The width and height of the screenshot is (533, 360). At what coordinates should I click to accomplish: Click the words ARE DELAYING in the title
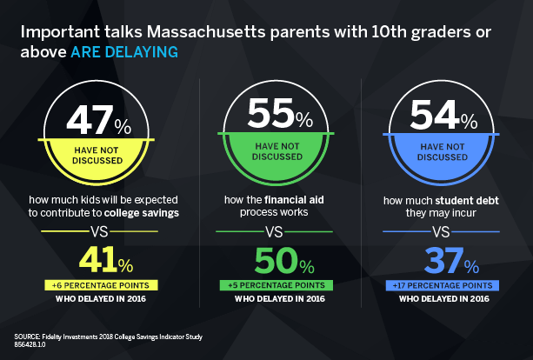127,52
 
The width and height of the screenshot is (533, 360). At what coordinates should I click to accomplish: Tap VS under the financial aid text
273,232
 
